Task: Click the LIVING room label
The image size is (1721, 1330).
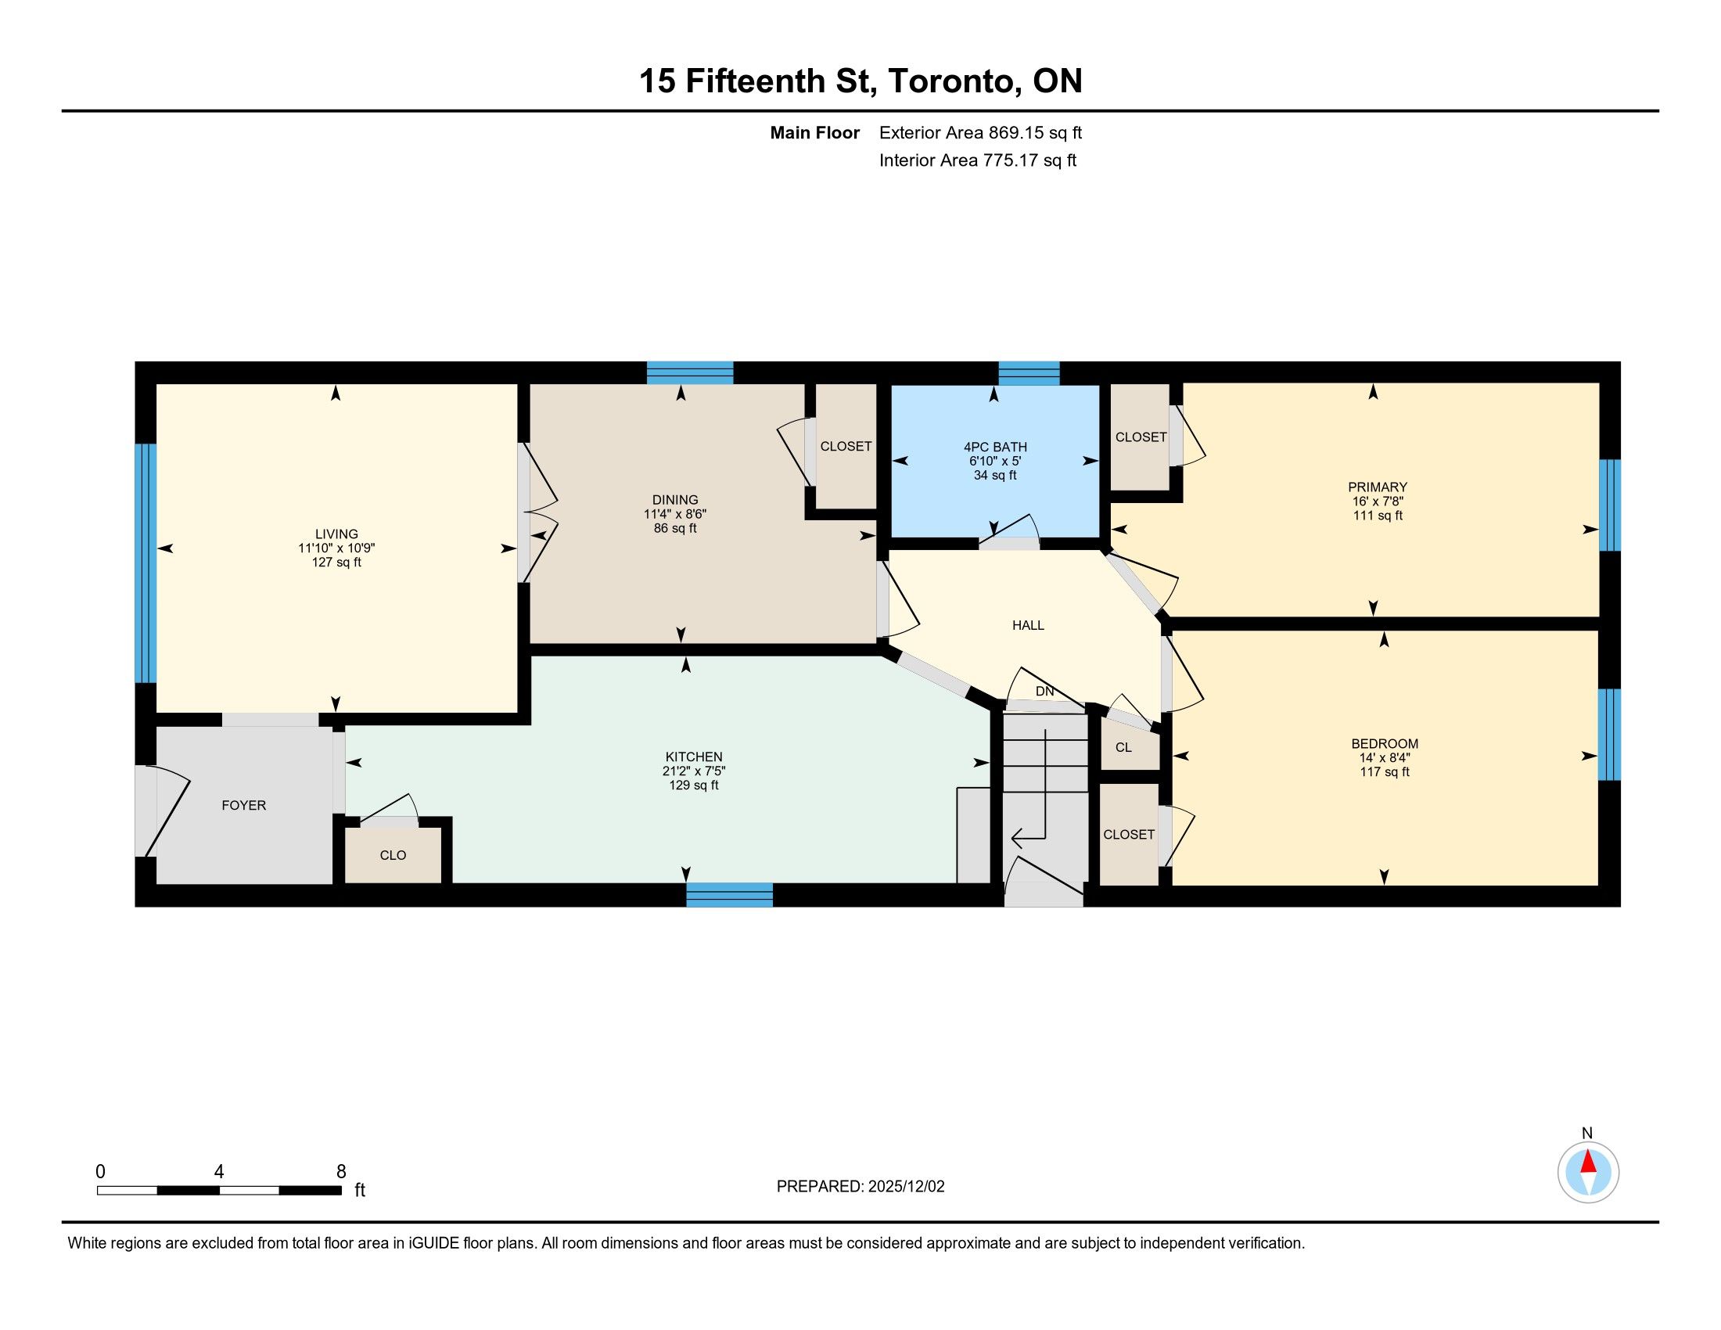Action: [x=336, y=534]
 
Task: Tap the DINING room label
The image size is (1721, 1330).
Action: [x=675, y=500]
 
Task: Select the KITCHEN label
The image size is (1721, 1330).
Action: [x=693, y=757]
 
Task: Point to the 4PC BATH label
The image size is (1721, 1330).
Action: [x=995, y=447]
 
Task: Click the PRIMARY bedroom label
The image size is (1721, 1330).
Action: [x=1378, y=487]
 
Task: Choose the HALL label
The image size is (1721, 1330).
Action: [x=1029, y=626]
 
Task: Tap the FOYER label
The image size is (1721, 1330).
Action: [x=243, y=805]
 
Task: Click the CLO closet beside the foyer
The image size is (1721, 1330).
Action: [x=393, y=855]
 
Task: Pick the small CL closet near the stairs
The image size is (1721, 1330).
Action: [x=1123, y=747]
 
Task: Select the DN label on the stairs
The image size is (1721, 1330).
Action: [x=1045, y=692]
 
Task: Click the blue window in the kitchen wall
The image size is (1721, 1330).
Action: [x=730, y=894]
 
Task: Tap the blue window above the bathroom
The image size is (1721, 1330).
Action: [x=1029, y=372]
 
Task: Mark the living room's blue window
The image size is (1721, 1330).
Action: [x=146, y=563]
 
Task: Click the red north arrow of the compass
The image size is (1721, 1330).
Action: [x=1588, y=1161]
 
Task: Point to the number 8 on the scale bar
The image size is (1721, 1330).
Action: [x=341, y=1172]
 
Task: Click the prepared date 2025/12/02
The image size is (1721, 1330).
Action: [x=906, y=1187]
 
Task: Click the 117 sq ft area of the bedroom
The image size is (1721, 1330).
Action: [x=1385, y=772]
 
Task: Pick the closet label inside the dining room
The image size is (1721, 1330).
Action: [x=846, y=447]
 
